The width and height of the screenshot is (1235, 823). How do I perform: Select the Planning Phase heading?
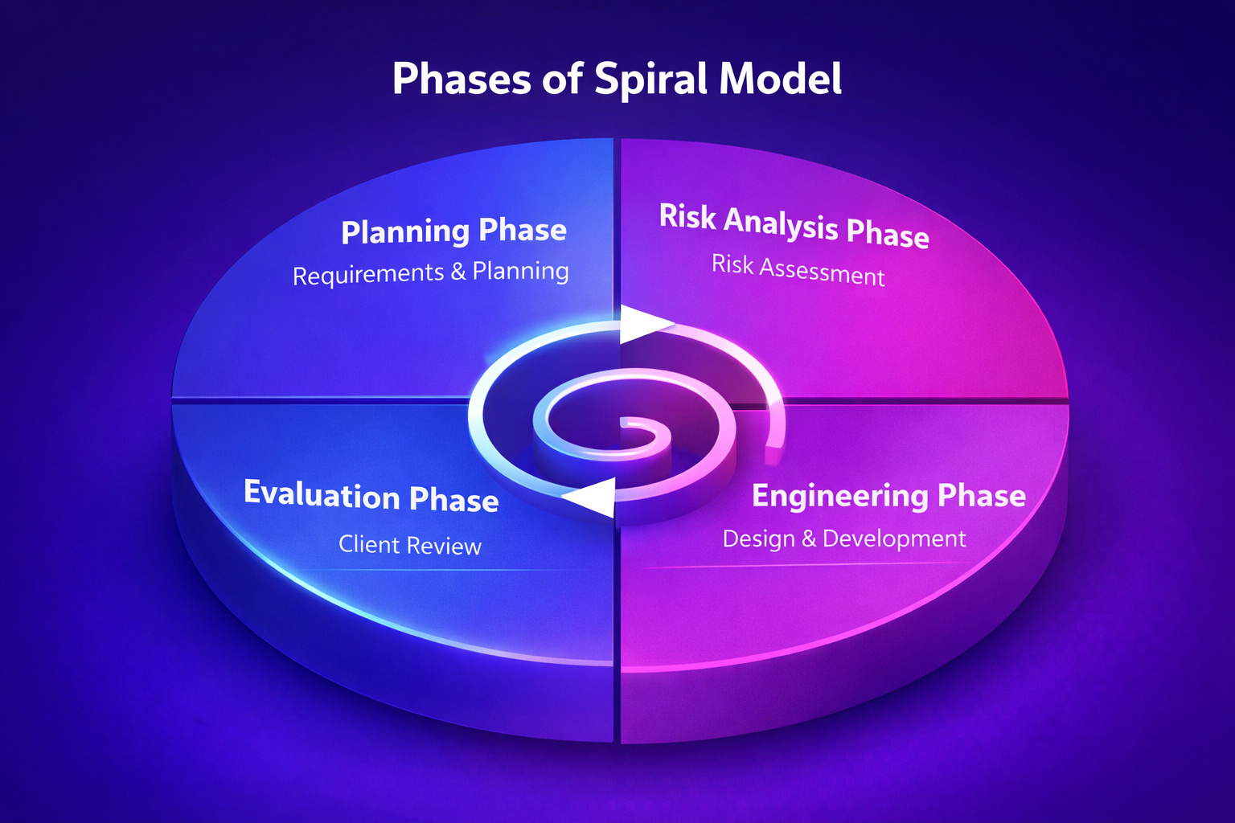coord(453,231)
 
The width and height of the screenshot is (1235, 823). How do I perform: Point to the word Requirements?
coord(368,275)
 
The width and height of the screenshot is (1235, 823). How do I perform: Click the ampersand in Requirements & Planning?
coord(458,272)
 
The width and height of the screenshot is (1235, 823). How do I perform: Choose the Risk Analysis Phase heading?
coord(794,226)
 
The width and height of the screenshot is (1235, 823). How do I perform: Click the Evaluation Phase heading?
coord(371,496)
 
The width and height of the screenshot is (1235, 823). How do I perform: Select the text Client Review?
coord(409,545)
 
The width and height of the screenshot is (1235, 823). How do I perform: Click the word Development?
coord(894,538)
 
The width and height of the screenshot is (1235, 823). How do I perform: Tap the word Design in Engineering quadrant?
coord(758,538)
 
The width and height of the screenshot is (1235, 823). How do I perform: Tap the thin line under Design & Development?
coord(804,566)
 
